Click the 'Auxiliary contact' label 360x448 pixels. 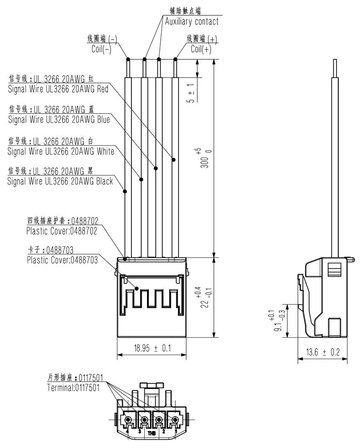[192, 21]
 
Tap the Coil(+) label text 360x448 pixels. [201, 49]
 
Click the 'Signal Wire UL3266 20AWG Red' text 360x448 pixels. [58, 88]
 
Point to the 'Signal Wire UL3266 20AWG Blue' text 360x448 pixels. [59, 120]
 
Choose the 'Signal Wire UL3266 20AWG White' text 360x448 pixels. [61, 151]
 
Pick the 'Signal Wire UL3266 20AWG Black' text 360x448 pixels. [60, 181]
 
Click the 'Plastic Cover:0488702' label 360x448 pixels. [62, 231]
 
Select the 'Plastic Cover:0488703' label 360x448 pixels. [62, 260]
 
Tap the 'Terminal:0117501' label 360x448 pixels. [73, 388]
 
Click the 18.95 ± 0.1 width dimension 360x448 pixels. [152, 348]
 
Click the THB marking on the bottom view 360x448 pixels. [152, 432]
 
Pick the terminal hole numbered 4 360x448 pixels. [129, 420]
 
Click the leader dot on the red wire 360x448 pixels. [173, 160]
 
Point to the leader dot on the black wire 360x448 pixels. [125, 191]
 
